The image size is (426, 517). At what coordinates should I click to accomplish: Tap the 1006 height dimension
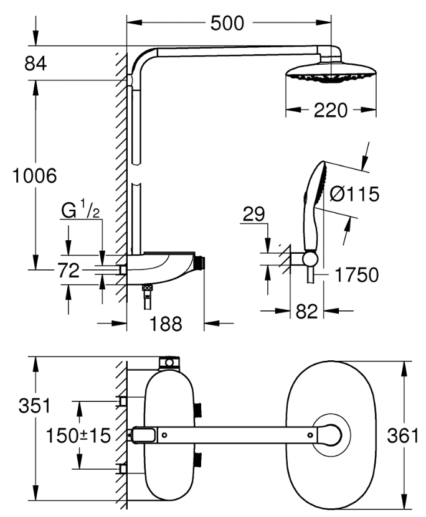tap(35, 176)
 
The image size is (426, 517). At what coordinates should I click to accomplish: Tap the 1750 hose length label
tap(356, 274)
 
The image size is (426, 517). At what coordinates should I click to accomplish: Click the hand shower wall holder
tap(309, 258)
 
